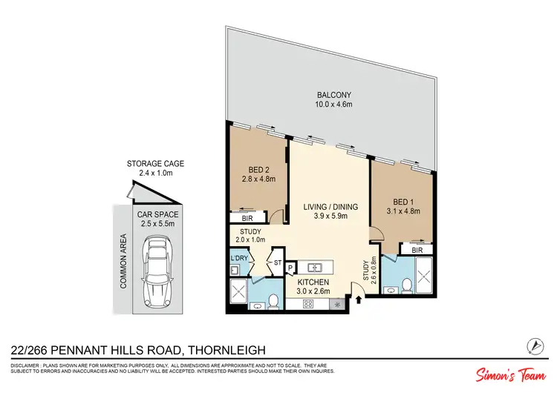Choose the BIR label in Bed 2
click(246, 219)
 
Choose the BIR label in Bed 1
click(407, 250)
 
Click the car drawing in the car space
click(157, 271)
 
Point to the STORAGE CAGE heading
click(155, 164)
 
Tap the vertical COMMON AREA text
click(124, 261)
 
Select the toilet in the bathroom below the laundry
click(273, 300)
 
